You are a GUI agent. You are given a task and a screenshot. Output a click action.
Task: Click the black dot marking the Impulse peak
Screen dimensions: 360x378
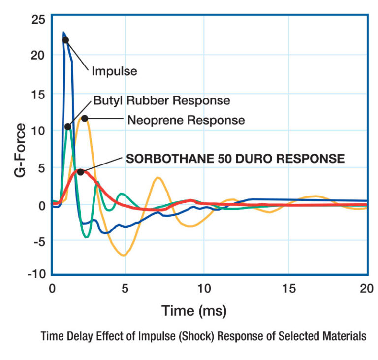click(x=65, y=40)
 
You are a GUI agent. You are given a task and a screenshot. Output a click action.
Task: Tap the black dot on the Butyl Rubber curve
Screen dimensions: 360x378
click(x=68, y=127)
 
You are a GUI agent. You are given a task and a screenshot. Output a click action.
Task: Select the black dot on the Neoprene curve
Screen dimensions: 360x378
click(x=85, y=118)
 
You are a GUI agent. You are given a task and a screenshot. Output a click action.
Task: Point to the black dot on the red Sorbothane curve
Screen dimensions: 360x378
click(x=81, y=172)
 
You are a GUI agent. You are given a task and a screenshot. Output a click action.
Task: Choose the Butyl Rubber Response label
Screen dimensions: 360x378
click(x=161, y=100)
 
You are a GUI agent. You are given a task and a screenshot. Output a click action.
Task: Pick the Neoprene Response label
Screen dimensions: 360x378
click(x=186, y=120)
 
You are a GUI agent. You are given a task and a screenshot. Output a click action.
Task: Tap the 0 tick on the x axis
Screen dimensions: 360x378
click(x=52, y=288)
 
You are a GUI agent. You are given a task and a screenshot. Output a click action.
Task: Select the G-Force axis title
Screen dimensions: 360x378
click(x=21, y=147)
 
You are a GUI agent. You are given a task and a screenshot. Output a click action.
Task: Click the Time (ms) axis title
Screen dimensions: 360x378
click(x=194, y=311)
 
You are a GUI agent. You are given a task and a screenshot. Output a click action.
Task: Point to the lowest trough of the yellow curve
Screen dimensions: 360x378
click(x=125, y=255)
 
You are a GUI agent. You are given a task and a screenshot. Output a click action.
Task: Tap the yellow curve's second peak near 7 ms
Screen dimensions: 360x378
click(x=157, y=178)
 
